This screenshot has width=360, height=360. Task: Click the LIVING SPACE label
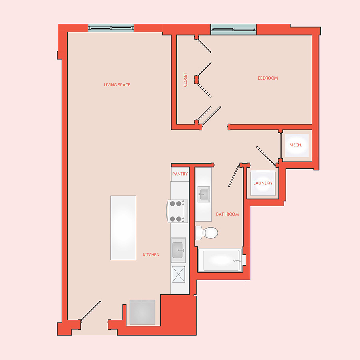(117, 85)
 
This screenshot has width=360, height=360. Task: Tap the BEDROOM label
(268, 78)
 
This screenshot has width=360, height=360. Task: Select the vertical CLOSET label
(186, 80)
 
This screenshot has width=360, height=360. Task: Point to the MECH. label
(296, 145)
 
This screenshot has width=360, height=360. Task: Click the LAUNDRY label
(263, 183)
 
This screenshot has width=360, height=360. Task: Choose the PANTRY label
(180, 174)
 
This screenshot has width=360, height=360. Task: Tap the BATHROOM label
(227, 214)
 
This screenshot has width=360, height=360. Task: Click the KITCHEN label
(151, 255)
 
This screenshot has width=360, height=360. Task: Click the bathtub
(220, 260)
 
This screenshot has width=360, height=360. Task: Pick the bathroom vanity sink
(204, 194)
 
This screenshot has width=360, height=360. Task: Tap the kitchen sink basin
(178, 250)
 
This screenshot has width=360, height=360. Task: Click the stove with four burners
(177, 211)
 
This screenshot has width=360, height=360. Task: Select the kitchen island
(123, 228)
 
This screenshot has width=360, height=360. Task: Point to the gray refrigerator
(142, 312)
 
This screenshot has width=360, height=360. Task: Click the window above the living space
(111, 28)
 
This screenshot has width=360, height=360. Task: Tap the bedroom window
(234, 29)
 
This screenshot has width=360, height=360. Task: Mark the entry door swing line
(91, 311)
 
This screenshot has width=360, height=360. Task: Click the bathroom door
(234, 176)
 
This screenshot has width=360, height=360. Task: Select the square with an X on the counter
(178, 274)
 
